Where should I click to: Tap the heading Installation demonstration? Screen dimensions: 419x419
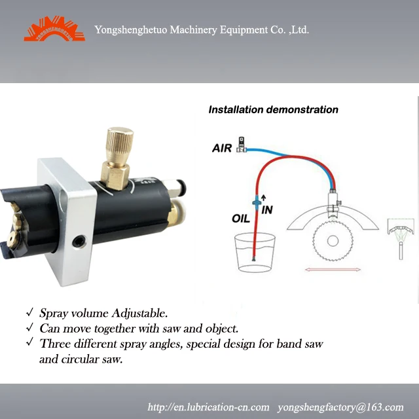(x=273, y=109)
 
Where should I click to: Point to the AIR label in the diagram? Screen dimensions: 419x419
(x=222, y=148)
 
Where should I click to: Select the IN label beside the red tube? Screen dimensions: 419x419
(x=267, y=209)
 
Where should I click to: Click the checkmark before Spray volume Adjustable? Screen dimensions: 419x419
(x=29, y=313)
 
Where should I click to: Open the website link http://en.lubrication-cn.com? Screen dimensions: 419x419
(x=209, y=406)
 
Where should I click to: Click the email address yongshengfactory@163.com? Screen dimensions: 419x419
(x=340, y=406)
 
